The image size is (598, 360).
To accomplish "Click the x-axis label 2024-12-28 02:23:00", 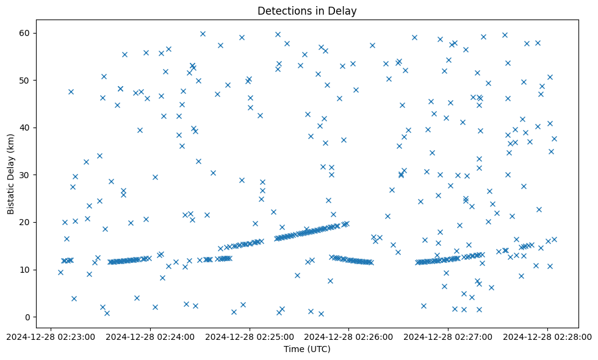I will [51, 336].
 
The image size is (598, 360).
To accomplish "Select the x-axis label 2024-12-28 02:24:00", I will [150, 336].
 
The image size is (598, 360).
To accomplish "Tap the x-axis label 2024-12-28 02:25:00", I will [250, 336].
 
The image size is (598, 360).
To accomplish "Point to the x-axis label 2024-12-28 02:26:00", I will [349, 336].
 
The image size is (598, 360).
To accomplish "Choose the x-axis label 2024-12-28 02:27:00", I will [448, 336].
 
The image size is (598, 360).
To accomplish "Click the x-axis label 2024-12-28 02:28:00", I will [547, 336].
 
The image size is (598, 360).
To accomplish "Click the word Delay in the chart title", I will [345, 10].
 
